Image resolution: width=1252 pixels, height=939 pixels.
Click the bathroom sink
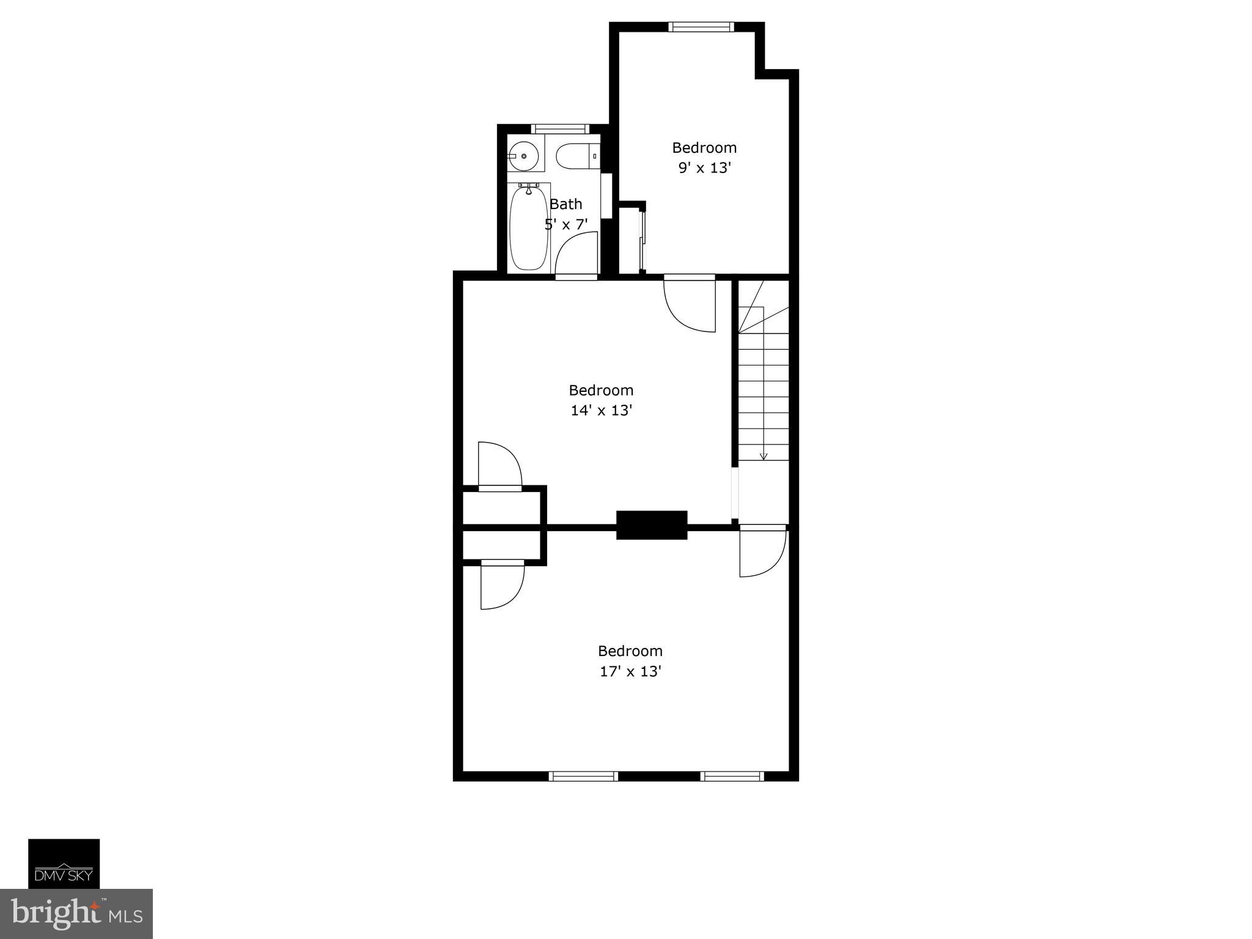[x=524, y=156]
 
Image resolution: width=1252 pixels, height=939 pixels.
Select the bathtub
[x=529, y=227]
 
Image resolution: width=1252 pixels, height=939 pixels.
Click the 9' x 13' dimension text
[x=704, y=168]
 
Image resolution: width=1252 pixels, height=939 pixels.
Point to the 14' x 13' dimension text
[x=601, y=411]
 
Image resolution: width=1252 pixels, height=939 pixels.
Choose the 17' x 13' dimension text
[x=630, y=671]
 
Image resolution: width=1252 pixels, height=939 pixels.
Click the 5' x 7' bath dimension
[x=566, y=224]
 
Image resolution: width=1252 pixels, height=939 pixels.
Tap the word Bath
[x=566, y=204]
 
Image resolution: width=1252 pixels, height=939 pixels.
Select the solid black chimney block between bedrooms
[x=652, y=525]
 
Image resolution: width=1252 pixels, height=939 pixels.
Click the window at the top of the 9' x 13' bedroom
[x=700, y=27]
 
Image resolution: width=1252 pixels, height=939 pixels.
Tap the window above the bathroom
[x=560, y=129]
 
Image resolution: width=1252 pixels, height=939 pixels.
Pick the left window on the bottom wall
[x=583, y=776]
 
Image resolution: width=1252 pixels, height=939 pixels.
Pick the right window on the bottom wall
[x=732, y=776]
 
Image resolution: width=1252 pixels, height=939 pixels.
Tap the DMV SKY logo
[x=64, y=863]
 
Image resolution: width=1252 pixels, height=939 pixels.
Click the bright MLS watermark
[x=76, y=913]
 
